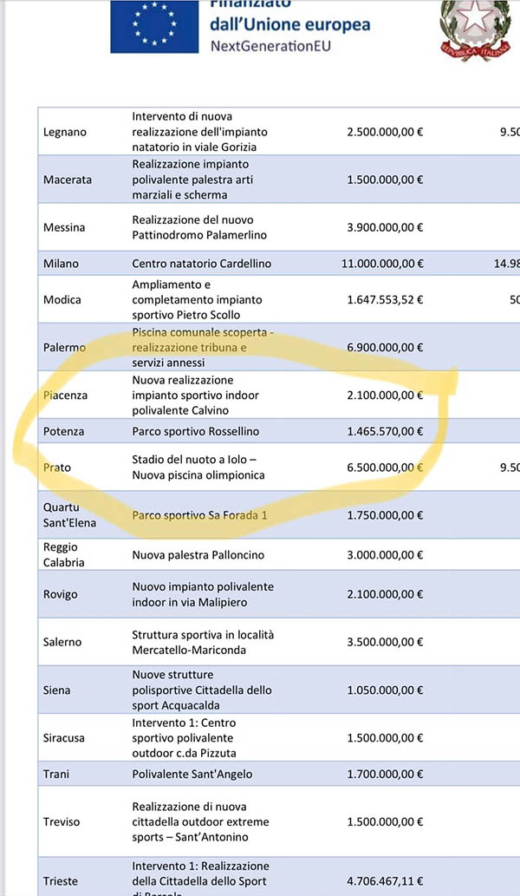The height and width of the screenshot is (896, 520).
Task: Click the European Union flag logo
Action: pyautogui.click(x=153, y=25)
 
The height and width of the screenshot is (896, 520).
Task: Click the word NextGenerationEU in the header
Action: pyautogui.click(x=270, y=45)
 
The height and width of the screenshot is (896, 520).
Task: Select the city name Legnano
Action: pyautogui.click(x=64, y=132)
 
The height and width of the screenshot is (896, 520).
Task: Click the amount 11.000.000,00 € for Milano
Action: pyautogui.click(x=385, y=264)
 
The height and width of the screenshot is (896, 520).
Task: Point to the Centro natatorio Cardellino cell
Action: pyautogui.click(x=201, y=264)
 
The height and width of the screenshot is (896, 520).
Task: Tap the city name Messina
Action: pyautogui.click(x=64, y=227)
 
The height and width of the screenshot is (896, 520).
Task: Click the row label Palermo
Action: pyautogui.click(x=64, y=347)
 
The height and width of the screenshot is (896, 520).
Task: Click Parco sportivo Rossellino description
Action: pyautogui.click(x=195, y=431)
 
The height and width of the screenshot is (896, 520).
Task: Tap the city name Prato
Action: pyautogui.click(x=57, y=468)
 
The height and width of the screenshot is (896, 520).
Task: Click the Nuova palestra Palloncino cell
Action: pyautogui.click(x=198, y=554)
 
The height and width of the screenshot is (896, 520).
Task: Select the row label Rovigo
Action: pyautogui.click(x=60, y=594)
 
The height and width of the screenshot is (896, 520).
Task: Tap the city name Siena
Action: pyautogui.click(x=57, y=690)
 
